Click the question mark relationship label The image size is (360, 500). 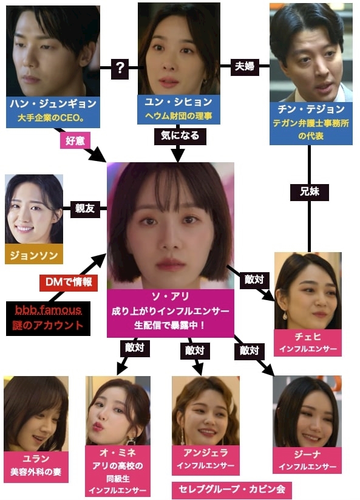120,68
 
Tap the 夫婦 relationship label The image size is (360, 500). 245,66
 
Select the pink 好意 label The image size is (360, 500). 75,140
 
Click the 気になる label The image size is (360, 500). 180,136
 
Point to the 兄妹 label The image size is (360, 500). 310,191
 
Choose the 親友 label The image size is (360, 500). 85,208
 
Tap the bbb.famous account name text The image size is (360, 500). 48,310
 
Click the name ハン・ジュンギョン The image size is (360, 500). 53,104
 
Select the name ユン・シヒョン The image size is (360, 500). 178,102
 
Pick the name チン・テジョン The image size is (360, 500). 311,109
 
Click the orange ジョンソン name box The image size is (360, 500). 34,255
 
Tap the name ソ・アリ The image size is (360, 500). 171,296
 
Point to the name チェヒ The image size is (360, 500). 308,337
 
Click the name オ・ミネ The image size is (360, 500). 118,453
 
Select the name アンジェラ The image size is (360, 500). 205,453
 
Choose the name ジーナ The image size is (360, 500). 307,454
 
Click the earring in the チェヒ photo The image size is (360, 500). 285,316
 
